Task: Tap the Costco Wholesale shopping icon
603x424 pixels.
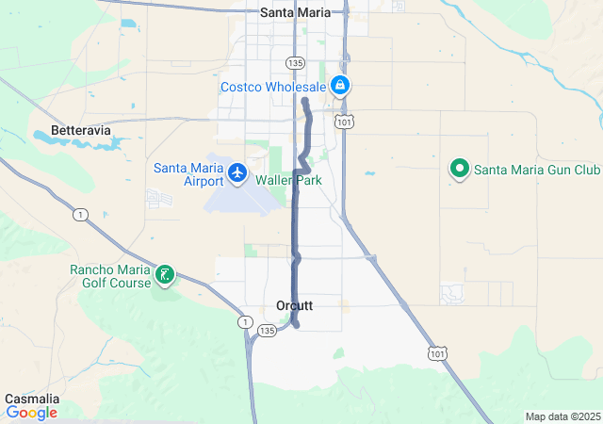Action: tap(340, 87)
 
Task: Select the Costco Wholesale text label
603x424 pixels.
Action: tap(272, 87)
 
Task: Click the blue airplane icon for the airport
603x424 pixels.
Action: tap(237, 172)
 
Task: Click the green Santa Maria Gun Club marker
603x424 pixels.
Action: tap(460, 170)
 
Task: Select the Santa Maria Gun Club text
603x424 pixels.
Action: tap(536, 171)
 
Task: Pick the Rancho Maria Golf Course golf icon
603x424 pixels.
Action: tap(165, 275)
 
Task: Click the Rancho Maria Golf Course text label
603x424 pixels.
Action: tap(110, 275)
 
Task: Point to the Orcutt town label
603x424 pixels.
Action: tap(295, 306)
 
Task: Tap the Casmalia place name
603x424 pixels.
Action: tap(30, 399)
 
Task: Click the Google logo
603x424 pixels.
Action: tap(31, 413)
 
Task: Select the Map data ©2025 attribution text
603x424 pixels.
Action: tap(562, 416)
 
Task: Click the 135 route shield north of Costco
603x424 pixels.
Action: tap(296, 62)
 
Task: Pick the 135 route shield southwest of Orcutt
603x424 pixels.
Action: tap(268, 330)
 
